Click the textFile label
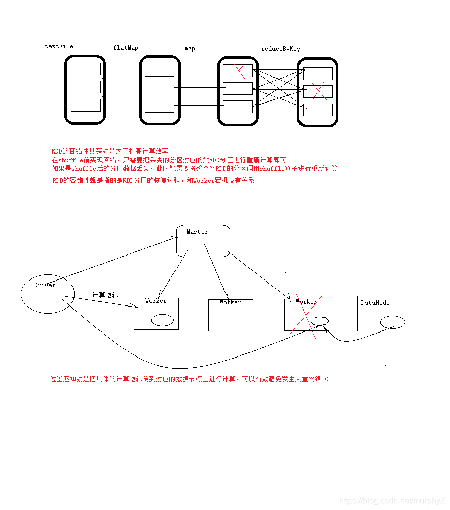(59, 46)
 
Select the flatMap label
(125, 48)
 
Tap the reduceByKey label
(281, 49)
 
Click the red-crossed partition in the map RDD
(238, 70)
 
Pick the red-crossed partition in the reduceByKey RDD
(318, 92)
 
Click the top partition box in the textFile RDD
(85, 69)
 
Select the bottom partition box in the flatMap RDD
(160, 106)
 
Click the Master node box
(203, 241)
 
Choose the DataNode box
(381, 313)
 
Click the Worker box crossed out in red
(306, 314)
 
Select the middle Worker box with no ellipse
(230, 315)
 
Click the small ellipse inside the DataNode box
(392, 322)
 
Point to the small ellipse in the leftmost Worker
(162, 320)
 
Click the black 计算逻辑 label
(105, 295)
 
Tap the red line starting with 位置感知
(189, 379)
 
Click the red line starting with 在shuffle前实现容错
(168, 160)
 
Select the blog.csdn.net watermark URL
(392, 501)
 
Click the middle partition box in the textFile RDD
(85, 87)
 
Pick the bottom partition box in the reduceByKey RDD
(317, 110)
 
